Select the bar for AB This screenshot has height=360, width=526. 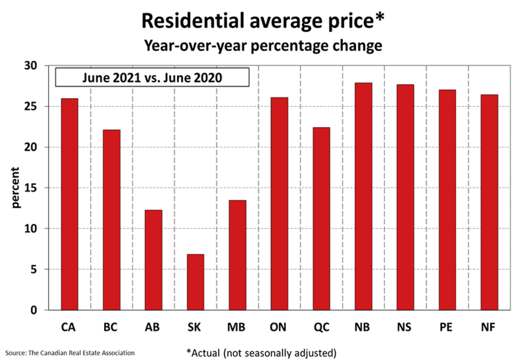pos(154,260)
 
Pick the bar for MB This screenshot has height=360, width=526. pos(237,255)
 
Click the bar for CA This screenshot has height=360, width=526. pos(70,204)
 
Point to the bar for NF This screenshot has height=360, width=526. pos(488,202)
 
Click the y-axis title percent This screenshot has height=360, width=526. pos(16,188)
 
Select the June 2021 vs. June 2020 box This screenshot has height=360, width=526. pos(152,77)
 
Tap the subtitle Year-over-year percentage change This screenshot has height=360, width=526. pos(262,46)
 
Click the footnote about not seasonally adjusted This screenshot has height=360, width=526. pos(261,352)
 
